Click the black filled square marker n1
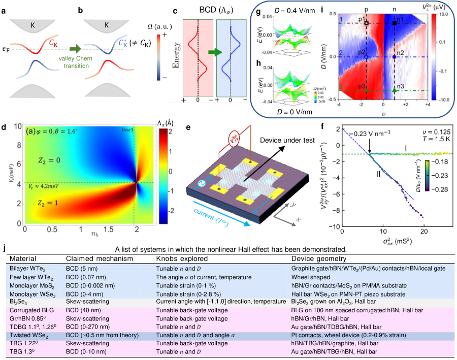pos(394,23)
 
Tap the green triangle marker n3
pos(394,90)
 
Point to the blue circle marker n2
pos(394,57)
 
